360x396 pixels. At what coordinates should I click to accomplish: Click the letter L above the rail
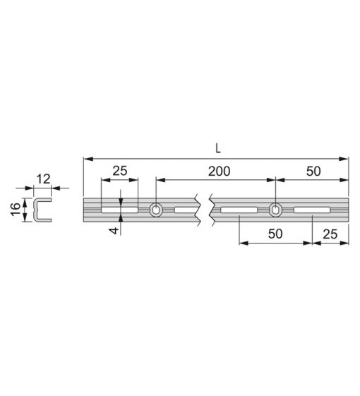(218, 148)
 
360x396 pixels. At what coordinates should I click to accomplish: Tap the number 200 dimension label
(219, 172)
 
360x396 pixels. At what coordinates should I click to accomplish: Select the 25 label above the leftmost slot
(120, 171)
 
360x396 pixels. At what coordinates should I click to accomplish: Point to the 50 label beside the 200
(313, 172)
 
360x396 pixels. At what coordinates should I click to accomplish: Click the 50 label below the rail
(275, 234)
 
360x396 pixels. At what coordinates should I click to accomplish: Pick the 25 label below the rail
(330, 234)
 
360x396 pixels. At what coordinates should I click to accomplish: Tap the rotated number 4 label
(114, 231)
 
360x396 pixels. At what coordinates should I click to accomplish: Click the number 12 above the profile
(44, 179)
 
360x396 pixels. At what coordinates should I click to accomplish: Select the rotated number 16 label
(16, 209)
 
